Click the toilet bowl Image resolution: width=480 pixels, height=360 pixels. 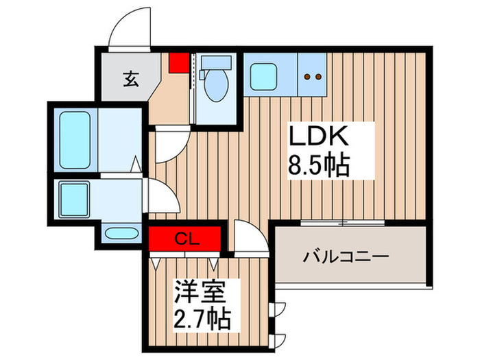(217, 86)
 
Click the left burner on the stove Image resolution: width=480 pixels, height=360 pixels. (308, 77)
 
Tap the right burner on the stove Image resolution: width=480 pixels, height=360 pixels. (319, 77)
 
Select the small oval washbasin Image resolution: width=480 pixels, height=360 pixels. (117, 232)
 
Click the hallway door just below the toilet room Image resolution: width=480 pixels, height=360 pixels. (169, 146)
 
